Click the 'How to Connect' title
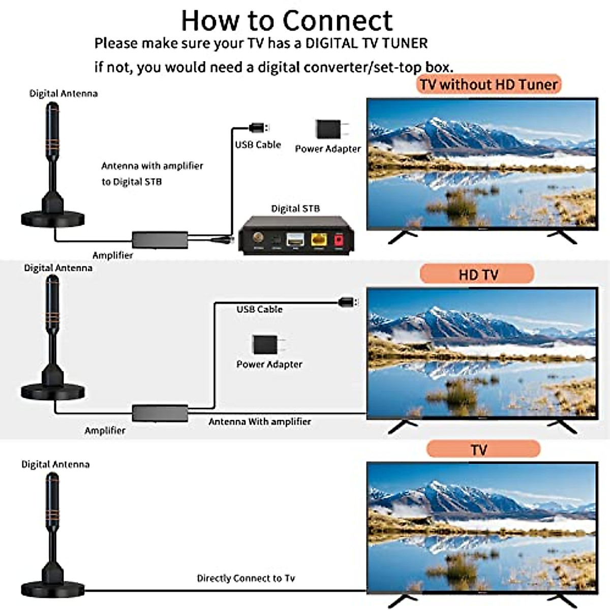[287, 20]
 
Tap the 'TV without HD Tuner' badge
[489, 84]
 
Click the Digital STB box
[296, 235]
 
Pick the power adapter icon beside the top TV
[328, 130]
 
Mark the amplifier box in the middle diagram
[160, 412]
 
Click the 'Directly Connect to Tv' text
[246, 578]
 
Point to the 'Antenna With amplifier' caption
[259, 421]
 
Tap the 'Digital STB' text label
[295, 208]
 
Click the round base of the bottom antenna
[53, 590]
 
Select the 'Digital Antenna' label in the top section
[63, 94]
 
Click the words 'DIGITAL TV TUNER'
[366, 43]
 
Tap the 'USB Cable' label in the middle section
[259, 309]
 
